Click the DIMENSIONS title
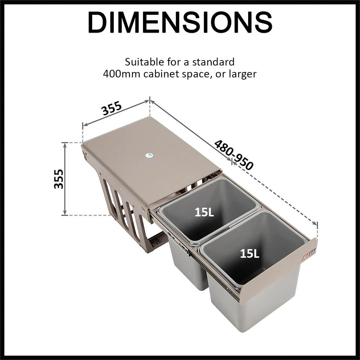point(180,23)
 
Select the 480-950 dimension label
point(234,155)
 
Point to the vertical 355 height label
point(59,179)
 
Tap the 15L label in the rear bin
point(204,212)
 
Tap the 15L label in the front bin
point(249,254)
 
